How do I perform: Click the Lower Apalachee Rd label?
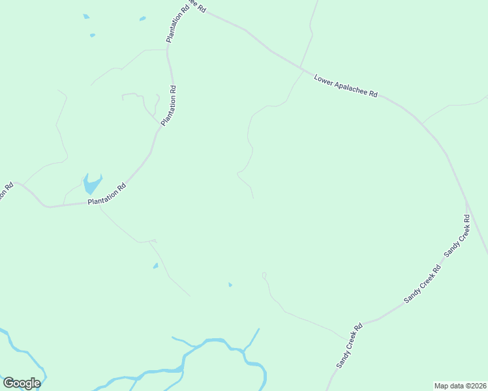tap(346, 85)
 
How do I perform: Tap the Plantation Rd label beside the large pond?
tap(106, 194)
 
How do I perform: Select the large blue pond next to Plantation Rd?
tap(91, 184)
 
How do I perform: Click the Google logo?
tap(22, 383)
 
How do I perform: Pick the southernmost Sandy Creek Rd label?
tap(349, 346)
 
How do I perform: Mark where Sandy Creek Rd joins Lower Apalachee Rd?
tap(466, 202)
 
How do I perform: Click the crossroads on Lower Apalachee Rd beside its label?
tap(301, 68)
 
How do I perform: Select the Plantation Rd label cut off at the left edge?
tap(7, 192)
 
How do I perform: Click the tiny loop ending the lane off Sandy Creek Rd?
tap(264, 276)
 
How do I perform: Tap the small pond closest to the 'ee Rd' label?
tap(142, 19)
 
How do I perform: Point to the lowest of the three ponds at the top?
tap(93, 35)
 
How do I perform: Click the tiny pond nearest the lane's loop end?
tap(230, 285)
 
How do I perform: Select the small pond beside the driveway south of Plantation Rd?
tap(155, 266)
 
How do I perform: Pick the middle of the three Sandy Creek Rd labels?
tap(422, 284)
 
